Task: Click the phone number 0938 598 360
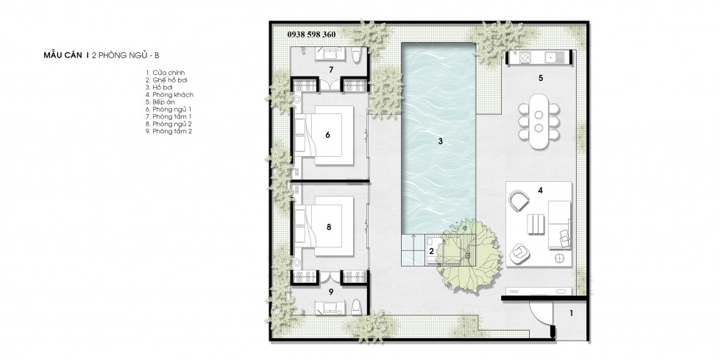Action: point(311,34)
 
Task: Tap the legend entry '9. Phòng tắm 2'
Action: point(168,131)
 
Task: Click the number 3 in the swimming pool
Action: point(440,141)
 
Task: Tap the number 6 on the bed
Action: point(327,135)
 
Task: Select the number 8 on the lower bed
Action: point(328,227)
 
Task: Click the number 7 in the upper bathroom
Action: point(331,70)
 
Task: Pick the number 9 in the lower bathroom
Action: point(331,291)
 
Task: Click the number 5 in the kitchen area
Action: point(541,78)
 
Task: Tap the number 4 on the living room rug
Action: point(541,189)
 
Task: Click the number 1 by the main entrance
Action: point(572,314)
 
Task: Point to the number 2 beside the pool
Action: point(431,251)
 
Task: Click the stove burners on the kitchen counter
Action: point(525,57)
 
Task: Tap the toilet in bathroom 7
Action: point(356,57)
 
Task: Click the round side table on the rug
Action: point(560,258)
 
